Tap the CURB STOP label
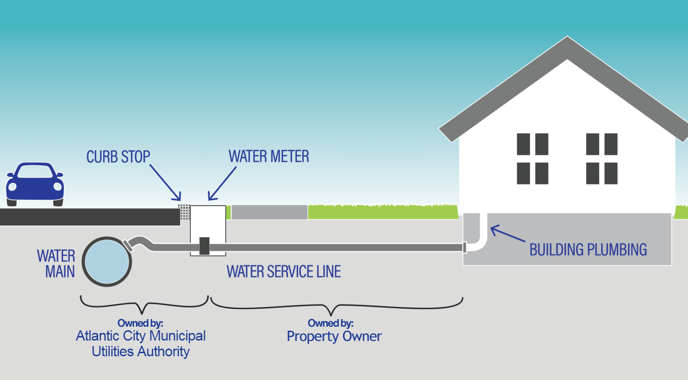click(x=118, y=157)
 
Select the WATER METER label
click(x=269, y=156)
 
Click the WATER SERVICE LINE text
click(x=284, y=272)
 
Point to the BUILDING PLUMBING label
click(x=588, y=250)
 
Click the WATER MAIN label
click(x=56, y=264)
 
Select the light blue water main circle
click(x=107, y=262)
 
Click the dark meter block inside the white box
click(x=204, y=246)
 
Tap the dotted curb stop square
click(x=184, y=212)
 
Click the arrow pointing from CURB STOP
click(x=165, y=182)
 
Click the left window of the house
click(x=533, y=159)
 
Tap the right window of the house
click(x=602, y=159)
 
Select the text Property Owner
click(x=334, y=336)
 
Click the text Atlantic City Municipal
click(x=141, y=336)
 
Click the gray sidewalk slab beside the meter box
click(x=269, y=212)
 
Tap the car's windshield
click(x=34, y=172)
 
